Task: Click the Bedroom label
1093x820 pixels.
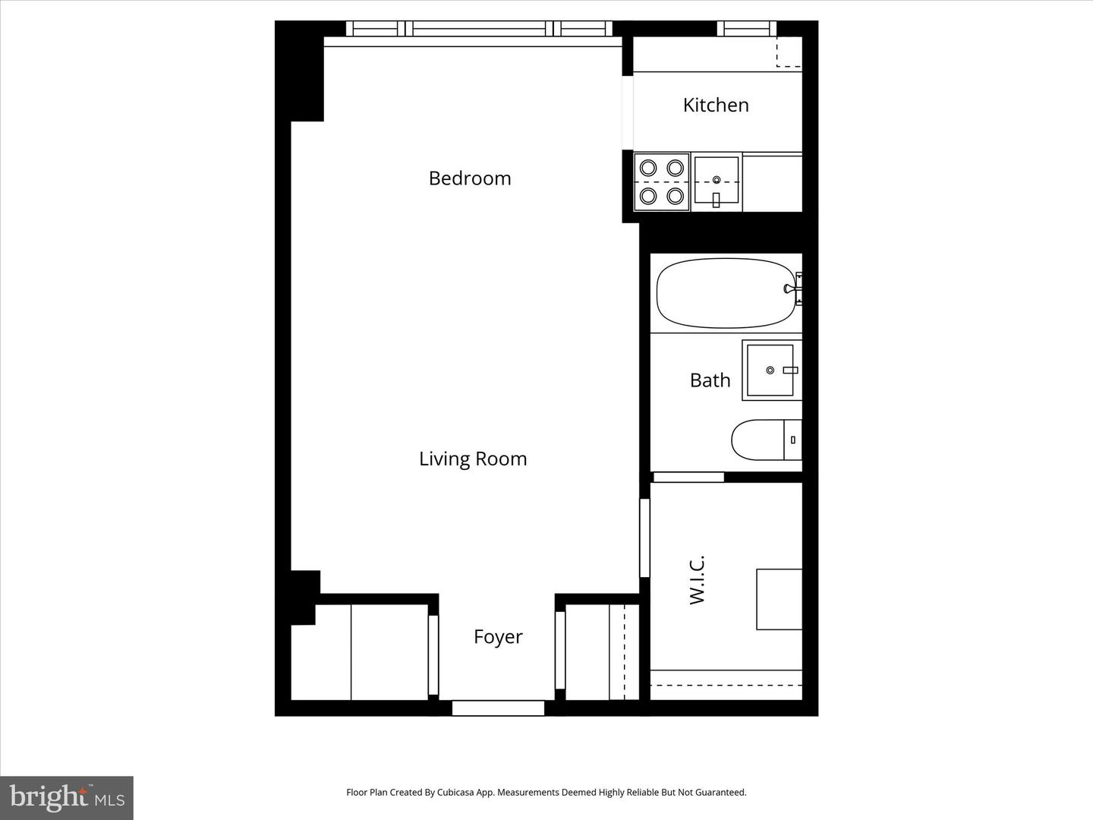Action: click(x=470, y=178)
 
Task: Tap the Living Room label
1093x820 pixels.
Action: click(x=473, y=459)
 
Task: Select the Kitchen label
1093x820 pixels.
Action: click(x=716, y=105)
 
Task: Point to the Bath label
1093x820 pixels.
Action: click(x=710, y=380)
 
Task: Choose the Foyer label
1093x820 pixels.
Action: click(x=498, y=636)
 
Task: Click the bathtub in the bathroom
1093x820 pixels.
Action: click(x=725, y=293)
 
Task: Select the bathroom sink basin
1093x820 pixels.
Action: click(x=770, y=370)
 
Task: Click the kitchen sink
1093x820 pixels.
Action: click(x=716, y=181)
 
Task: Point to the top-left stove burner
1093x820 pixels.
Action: click(x=648, y=168)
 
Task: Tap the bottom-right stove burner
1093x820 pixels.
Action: click(x=675, y=196)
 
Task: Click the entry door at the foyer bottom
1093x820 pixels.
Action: click(x=498, y=708)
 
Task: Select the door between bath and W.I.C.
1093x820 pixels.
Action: click(x=688, y=477)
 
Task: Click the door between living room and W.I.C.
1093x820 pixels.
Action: click(x=644, y=538)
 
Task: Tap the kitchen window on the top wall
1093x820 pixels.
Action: click(x=747, y=29)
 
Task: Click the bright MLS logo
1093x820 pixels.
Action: click(x=67, y=797)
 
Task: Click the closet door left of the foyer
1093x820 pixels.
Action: click(x=433, y=654)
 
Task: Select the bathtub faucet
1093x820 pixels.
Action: click(x=791, y=289)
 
